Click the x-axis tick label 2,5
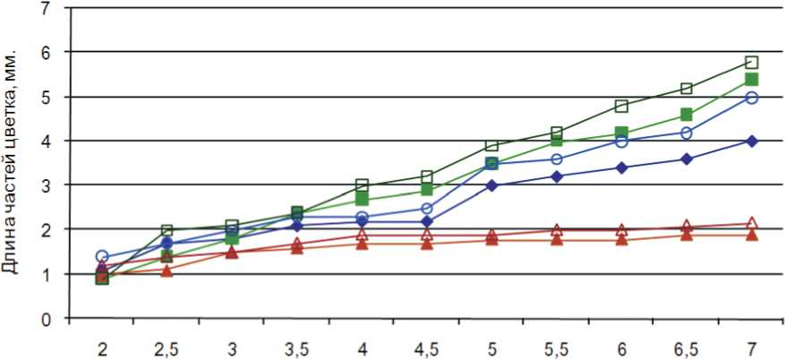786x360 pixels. pos(167,347)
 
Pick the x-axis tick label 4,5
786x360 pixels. pos(427,347)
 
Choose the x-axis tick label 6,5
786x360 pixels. pos(687,347)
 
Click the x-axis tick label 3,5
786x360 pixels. pos(296,347)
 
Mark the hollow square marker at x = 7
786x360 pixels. pos(752,63)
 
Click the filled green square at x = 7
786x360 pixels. pos(752,80)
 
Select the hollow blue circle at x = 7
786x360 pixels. pos(752,98)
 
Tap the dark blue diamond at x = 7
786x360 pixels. pos(752,141)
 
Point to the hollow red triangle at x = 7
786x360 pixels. pos(752,223)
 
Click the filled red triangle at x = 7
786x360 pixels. pos(752,236)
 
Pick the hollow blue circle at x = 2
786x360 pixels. pos(102,257)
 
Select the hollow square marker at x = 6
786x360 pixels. pos(621,107)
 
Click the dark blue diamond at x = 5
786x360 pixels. pos(491,185)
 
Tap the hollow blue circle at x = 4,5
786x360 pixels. pos(427,209)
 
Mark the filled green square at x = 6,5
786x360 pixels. pos(687,116)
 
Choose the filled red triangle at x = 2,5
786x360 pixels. pos(167,270)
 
